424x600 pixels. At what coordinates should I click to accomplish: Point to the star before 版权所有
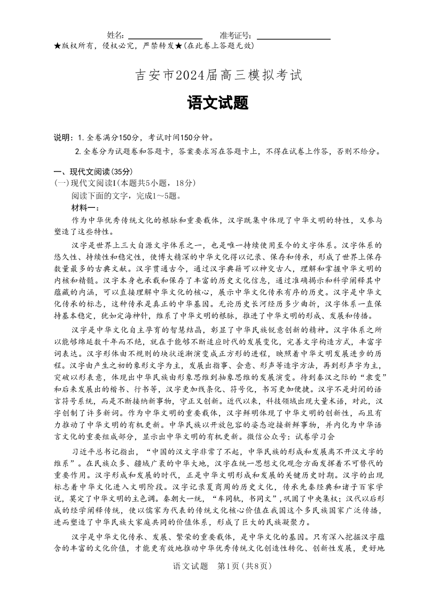pyautogui.click(x=57, y=46)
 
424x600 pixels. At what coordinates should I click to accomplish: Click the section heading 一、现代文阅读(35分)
pyautogui.click(x=92, y=172)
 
